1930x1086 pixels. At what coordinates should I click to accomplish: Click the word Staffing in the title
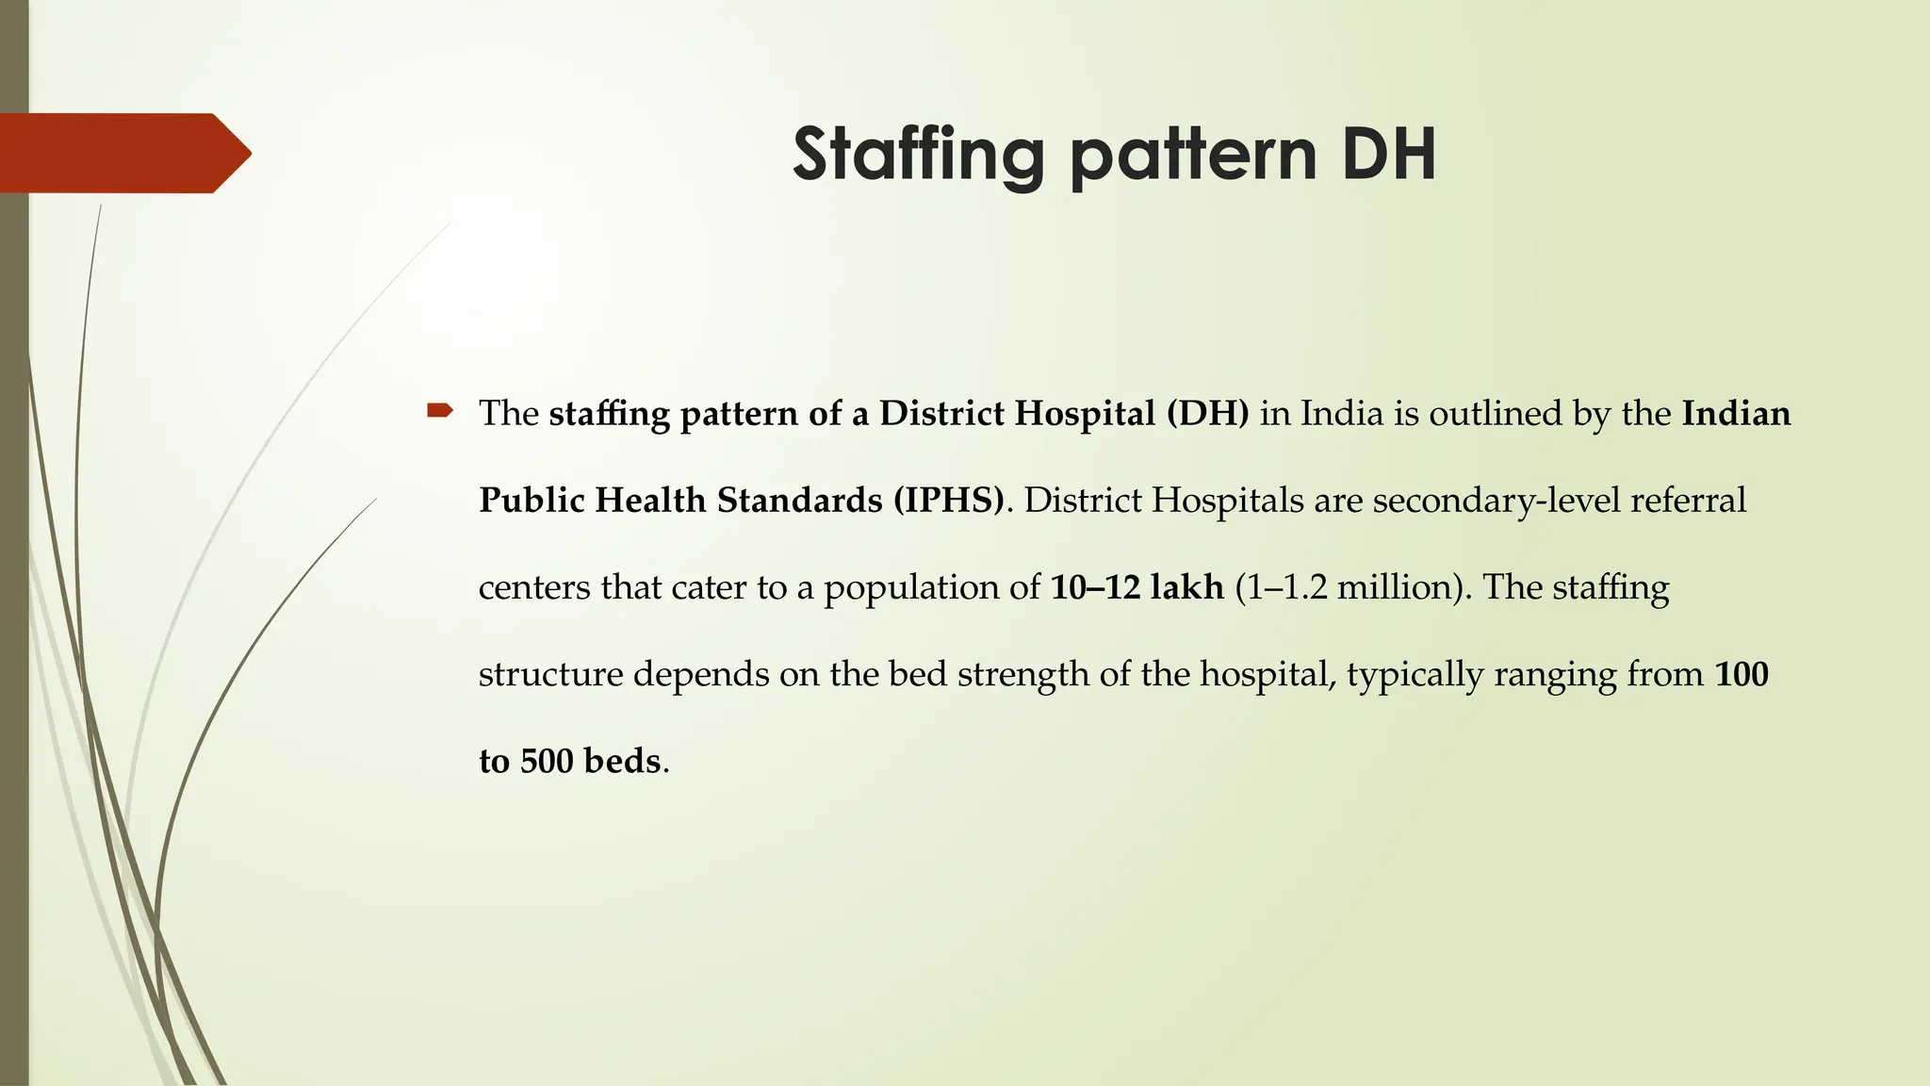(918, 156)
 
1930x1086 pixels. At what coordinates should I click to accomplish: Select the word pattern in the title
(1195, 156)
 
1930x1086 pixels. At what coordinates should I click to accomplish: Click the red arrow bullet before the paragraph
(440, 410)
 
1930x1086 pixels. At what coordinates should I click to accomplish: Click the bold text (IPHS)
(949, 501)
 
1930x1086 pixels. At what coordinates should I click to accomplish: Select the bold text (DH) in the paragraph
(1207, 414)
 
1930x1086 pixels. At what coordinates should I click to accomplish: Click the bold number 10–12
(1095, 587)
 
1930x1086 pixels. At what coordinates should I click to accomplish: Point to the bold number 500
(547, 761)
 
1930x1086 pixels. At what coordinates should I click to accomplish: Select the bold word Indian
(1736, 414)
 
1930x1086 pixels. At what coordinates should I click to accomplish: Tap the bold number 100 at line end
(1741, 674)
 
